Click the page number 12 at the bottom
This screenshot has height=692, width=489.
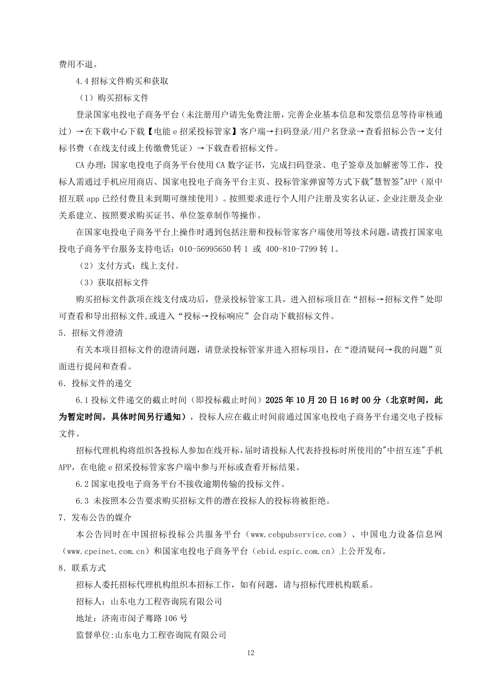(250, 652)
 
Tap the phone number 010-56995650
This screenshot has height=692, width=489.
(205, 249)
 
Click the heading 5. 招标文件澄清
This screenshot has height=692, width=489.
(91, 333)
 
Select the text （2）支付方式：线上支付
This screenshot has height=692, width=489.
(127, 266)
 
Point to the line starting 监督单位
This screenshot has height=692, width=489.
(151, 635)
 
